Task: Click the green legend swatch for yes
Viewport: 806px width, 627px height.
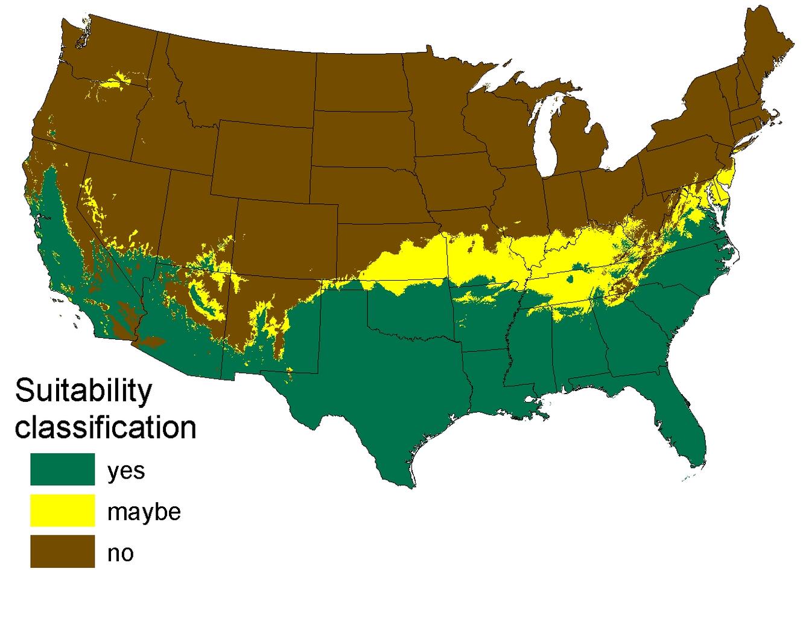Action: tap(62, 469)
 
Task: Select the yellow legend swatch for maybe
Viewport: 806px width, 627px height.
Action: tap(62, 510)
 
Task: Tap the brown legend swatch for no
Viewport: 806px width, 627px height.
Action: tap(62, 551)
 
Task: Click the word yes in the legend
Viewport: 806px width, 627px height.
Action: tap(126, 470)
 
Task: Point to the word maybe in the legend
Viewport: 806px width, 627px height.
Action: tap(144, 512)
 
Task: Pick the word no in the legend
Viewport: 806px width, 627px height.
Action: tap(120, 553)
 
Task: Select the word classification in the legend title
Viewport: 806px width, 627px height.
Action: tap(106, 427)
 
